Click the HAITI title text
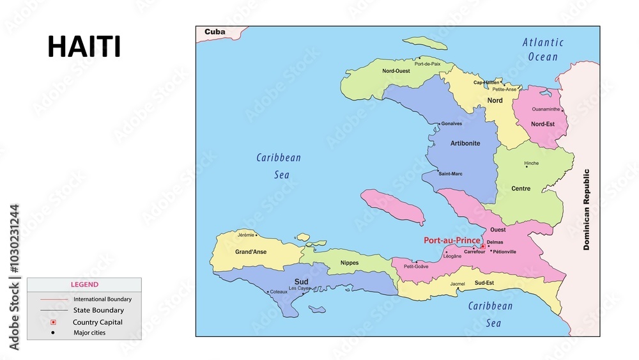point(84,47)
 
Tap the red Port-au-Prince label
point(452,240)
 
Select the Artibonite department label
point(465,143)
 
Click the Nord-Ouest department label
point(396,71)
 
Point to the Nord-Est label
point(543,124)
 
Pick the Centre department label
point(521,189)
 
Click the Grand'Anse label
point(250,252)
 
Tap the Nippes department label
point(350,263)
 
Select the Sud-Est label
point(484,283)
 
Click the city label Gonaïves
point(452,123)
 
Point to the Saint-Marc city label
point(450,173)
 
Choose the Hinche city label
point(532,163)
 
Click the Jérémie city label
point(246,235)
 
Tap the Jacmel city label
point(457,284)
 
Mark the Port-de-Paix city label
point(427,64)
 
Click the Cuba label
point(215,31)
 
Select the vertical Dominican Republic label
point(586,209)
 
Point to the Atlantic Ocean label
point(543,49)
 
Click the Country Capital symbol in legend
point(53,322)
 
